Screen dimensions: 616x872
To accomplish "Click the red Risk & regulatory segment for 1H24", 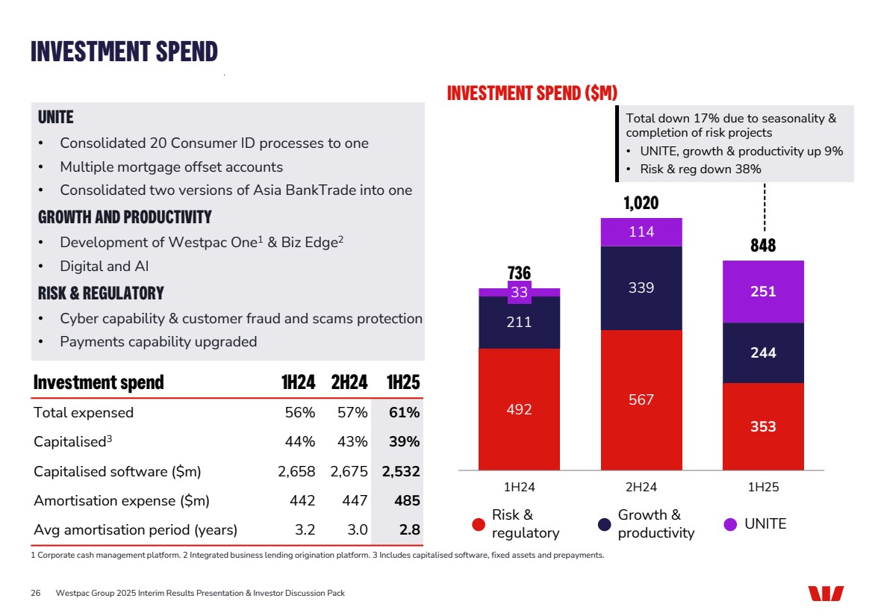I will [x=519, y=408].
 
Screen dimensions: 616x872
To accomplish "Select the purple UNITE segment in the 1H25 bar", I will [x=763, y=292].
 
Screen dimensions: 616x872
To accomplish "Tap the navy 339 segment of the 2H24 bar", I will [x=641, y=287].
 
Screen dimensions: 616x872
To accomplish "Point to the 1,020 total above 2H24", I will [x=641, y=203].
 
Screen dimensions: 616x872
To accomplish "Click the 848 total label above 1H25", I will [x=763, y=246].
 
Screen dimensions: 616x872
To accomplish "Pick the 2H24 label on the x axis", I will [x=641, y=488].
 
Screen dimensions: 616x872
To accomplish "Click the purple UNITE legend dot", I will [x=731, y=524].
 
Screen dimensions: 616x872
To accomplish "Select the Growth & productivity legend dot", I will [x=605, y=524].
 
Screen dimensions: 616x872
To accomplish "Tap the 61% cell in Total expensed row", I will [x=404, y=412].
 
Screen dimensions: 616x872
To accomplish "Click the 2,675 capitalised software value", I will [x=350, y=471].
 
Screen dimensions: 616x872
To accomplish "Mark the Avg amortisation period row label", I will [x=135, y=530].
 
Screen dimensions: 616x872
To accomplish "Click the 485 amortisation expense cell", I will [x=408, y=501].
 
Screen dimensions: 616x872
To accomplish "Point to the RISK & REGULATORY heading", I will [x=101, y=293].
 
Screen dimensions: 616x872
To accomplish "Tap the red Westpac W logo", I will [x=826, y=594].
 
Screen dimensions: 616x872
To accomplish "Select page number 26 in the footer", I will [x=35, y=594].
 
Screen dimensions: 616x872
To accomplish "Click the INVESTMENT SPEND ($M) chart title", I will [x=532, y=93].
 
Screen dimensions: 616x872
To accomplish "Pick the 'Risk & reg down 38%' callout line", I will [x=700, y=169].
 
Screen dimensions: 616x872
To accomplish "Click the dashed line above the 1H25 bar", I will [x=764, y=207].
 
